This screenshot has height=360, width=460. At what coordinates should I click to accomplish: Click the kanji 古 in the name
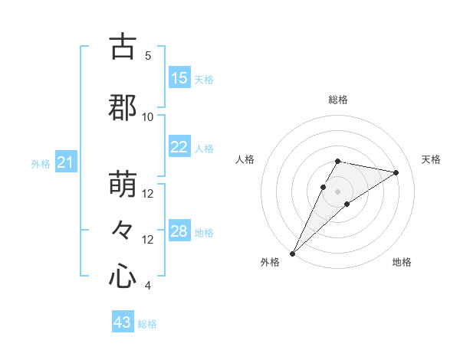[123, 47]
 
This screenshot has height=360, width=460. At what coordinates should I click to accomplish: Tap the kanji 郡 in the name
[123, 108]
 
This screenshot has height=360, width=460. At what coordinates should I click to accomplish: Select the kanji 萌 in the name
[123, 185]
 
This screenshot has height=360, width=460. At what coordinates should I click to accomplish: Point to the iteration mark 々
[123, 230]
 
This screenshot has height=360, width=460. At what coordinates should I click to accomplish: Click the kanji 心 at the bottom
[123, 276]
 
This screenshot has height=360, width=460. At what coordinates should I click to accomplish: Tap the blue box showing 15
[179, 78]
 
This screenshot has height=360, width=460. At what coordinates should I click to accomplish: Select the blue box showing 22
[179, 147]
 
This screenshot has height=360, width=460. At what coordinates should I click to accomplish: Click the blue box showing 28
[179, 231]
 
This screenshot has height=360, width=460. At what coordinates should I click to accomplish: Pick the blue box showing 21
[65, 162]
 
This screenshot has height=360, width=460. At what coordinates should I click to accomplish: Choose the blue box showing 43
[123, 322]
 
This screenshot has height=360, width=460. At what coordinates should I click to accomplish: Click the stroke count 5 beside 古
[148, 56]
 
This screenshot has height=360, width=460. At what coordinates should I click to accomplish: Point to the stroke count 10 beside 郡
[148, 116]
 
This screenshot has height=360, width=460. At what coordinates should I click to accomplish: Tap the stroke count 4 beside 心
[148, 286]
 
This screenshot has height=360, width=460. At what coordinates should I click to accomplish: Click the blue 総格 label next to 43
[147, 324]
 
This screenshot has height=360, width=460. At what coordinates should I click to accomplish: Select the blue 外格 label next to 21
[41, 164]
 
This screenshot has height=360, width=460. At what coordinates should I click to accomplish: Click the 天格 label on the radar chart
[432, 159]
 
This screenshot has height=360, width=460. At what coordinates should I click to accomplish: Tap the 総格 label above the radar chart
[337, 100]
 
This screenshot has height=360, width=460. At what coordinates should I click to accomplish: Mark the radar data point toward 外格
[292, 253]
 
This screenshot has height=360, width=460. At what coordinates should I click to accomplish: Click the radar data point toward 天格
[396, 172]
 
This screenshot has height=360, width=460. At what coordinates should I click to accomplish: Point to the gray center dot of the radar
[337, 191]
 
